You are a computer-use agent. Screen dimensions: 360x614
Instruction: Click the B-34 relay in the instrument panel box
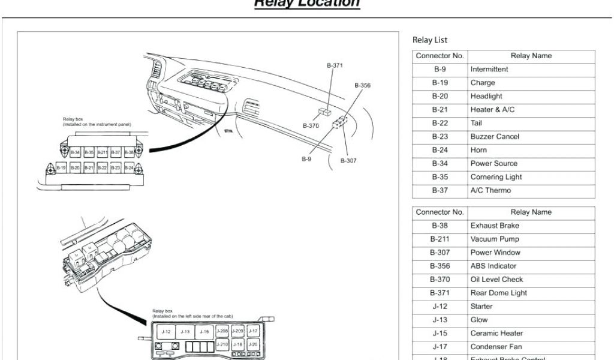tap(76, 153)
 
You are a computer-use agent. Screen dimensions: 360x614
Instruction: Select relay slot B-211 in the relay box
tap(103, 153)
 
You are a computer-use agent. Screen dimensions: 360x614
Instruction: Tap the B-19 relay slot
tap(61, 169)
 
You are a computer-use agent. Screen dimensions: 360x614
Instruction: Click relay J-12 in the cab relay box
tap(167, 331)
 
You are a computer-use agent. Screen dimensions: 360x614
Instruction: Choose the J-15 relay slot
tap(204, 331)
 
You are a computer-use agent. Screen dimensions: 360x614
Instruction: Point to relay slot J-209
tap(237, 331)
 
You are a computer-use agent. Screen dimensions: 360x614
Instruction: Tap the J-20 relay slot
tap(253, 344)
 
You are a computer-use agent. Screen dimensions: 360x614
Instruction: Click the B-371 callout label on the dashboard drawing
tap(335, 65)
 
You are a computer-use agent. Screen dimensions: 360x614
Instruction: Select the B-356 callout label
tap(362, 86)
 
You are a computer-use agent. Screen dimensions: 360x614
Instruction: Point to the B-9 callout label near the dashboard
tap(306, 159)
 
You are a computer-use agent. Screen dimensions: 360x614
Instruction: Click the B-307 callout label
tap(348, 160)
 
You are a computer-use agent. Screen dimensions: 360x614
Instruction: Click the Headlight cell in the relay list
tap(486, 96)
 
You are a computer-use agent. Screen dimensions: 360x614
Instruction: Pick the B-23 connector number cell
tap(440, 137)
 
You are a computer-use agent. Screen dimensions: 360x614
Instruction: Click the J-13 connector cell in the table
tap(440, 320)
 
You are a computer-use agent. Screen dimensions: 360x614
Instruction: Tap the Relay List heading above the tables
tap(430, 40)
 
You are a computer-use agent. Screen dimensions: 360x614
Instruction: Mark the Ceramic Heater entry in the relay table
tap(496, 333)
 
